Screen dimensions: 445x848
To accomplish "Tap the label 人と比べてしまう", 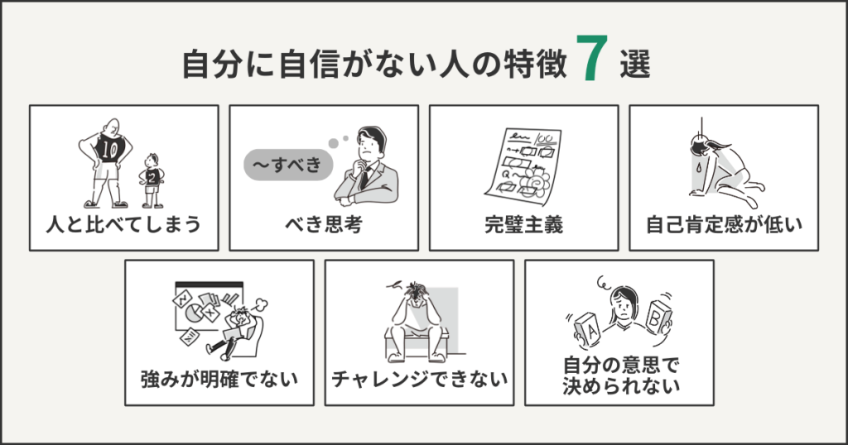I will pos(124,224).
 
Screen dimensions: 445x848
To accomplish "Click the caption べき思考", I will pos(324,224).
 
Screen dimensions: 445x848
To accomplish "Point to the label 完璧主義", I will pos(523,224).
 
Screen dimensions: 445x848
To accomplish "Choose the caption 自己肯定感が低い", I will pos(724,224).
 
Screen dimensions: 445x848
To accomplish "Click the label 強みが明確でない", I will pos(219,380).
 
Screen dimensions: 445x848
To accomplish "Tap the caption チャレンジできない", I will pos(419,380).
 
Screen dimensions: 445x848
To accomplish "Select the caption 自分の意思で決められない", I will pos(619,374).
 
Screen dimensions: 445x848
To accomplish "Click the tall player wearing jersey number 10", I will pos(107,161).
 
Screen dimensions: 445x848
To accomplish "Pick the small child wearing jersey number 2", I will pos(152,179).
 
